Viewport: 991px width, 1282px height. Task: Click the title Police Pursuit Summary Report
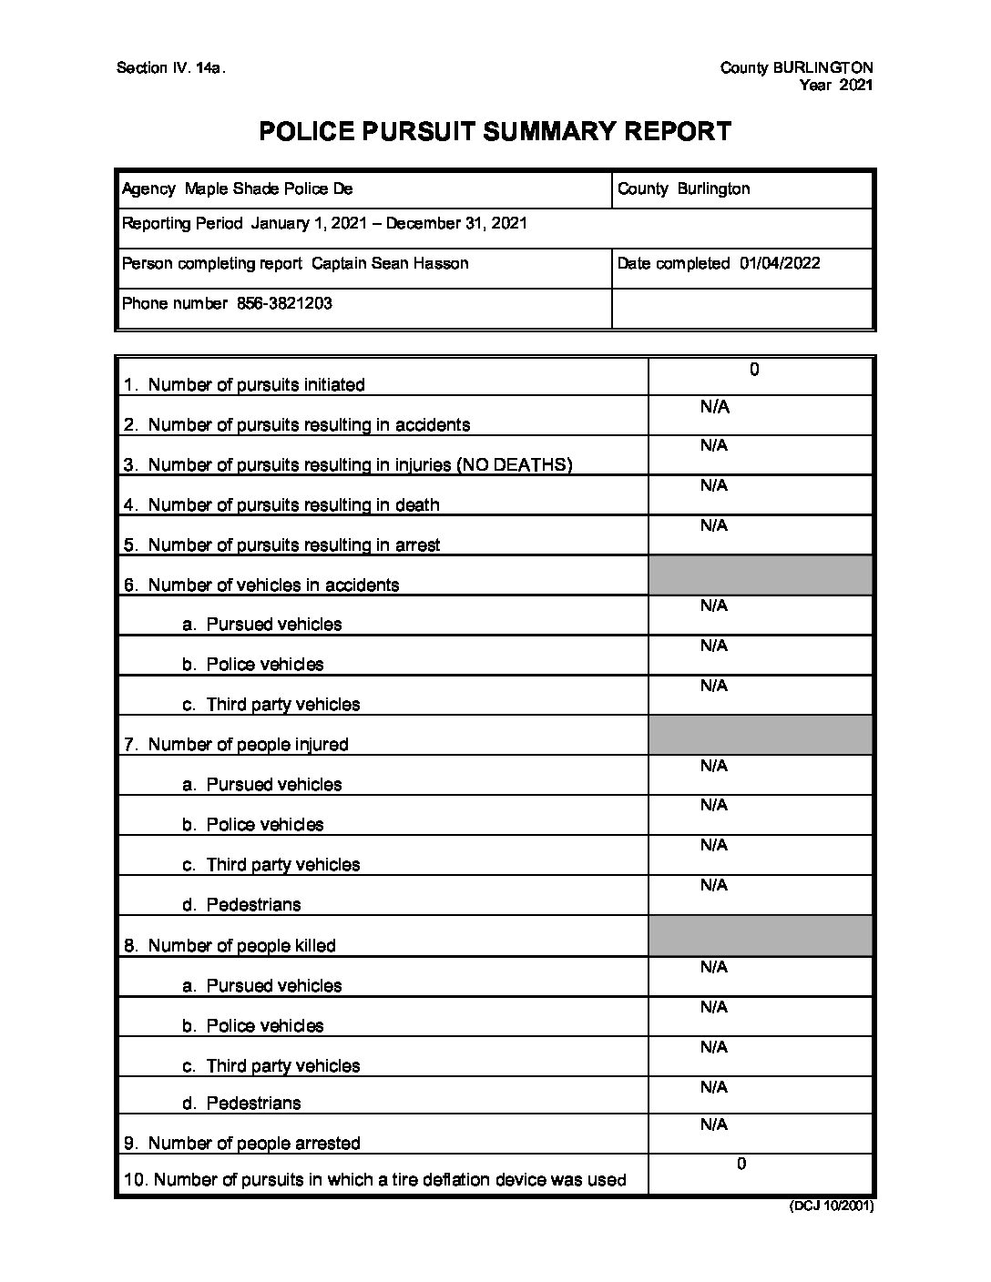coord(495,132)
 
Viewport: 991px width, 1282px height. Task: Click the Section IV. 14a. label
coord(170,68)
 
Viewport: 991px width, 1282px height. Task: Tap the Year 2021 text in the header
coord(836,86)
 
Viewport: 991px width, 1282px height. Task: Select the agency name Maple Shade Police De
coord(269,189)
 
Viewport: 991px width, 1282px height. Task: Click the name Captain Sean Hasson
coord(390,264)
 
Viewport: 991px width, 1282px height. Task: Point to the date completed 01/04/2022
coord(780,264)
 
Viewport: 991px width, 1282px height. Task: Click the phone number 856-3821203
coord(284,304)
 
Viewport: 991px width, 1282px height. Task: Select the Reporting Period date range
coord(389,224)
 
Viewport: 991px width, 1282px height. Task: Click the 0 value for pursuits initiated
coord(754,370)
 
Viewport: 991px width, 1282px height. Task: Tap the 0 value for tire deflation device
coord(741,1164)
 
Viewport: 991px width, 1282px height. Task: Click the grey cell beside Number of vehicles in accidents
coord(760,575)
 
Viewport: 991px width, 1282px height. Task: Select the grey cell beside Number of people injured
coord(760,735)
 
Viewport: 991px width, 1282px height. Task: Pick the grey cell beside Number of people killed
coord(760,936)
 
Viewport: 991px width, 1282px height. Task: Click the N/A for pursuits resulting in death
coord(714,486)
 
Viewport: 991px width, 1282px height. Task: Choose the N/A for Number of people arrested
coord(714,1125)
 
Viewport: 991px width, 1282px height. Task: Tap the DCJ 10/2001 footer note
coord(831,1206)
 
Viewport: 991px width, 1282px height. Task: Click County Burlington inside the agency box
coord(683,189)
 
